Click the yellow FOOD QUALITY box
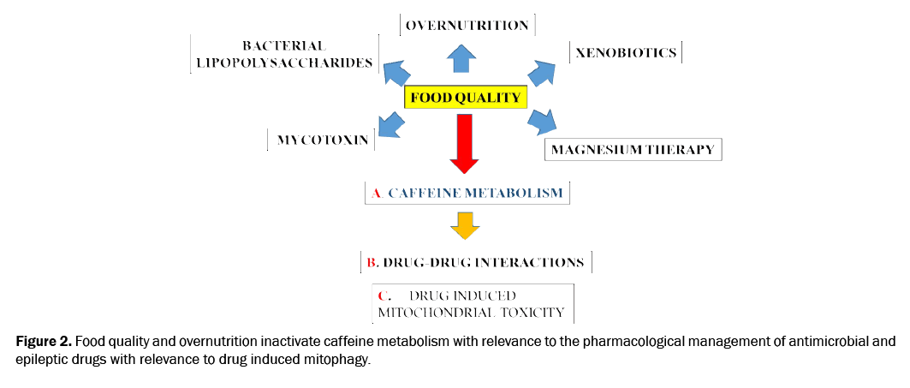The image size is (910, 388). pos(465,98)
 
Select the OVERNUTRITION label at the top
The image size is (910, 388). pos(467,25)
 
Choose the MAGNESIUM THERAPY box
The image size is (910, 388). pos(633,149)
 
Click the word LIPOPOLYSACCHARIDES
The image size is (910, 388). pos(283,63)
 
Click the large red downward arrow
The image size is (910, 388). pos(465,143)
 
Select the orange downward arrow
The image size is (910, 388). pos(465,224)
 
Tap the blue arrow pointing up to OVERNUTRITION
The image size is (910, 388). pos(462,58)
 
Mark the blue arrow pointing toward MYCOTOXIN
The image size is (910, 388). pos(390,124)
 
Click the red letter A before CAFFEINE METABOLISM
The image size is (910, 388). pos(376,194)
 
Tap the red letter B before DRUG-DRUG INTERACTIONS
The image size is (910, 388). pos(372,262)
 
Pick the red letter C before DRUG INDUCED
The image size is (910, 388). pos(383,295)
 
